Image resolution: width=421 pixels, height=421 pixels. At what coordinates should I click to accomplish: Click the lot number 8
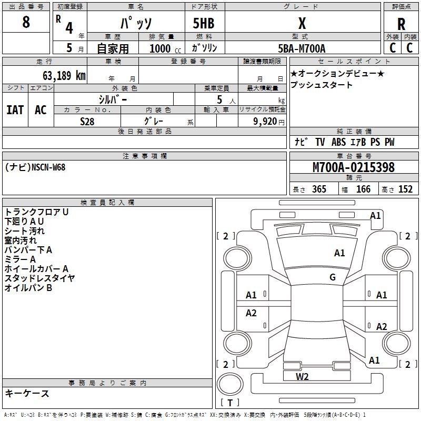(26, 23)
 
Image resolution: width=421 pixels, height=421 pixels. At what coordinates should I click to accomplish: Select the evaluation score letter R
(401, 24)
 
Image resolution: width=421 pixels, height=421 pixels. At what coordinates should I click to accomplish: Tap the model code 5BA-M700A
(302, 48)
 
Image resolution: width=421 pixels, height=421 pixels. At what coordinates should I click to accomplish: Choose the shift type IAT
(15, 109)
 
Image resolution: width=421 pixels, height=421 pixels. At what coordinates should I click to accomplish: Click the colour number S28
(87, 121)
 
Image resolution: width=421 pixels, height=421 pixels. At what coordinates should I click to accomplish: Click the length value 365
(318, 189)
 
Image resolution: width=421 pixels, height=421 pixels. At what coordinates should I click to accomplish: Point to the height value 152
(405, 189)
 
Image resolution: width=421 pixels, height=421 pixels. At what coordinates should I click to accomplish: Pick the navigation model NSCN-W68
(48, 167)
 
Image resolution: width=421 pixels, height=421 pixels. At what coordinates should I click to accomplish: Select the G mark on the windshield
(333, 277)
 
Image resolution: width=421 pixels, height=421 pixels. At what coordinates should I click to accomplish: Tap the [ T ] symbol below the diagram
(230, 403)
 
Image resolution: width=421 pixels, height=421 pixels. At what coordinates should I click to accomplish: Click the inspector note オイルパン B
(28, 288)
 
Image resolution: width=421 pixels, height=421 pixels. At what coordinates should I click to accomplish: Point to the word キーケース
(27, 393)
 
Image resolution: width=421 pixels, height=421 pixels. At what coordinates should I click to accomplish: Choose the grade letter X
(302, 24)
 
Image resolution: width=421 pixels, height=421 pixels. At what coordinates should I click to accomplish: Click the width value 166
(363, 189)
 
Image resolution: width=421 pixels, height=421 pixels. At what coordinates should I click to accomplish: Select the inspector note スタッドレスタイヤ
(40, 278)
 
